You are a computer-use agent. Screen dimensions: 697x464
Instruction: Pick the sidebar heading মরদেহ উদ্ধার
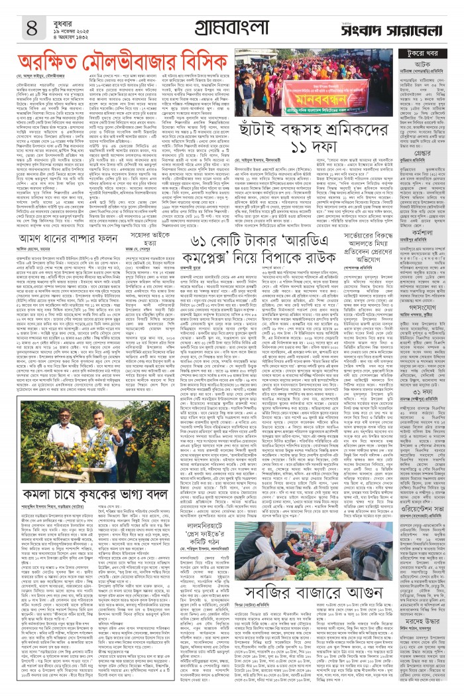pyautogui.click(x=430, y=639)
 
